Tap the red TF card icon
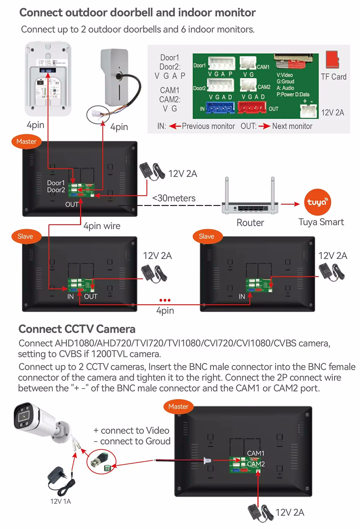332,60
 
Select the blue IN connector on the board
220,108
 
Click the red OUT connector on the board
251,107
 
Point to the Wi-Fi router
250,201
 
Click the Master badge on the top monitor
26,142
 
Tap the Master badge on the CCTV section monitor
178,407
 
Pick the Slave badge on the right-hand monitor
207,236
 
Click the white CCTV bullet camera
42,423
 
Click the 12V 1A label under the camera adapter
60,501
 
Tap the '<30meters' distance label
174,198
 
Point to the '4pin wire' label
102,226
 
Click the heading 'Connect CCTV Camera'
77,329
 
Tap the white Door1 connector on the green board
221,63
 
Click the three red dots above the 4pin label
165,300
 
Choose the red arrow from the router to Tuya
290,204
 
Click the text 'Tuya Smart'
321,222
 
